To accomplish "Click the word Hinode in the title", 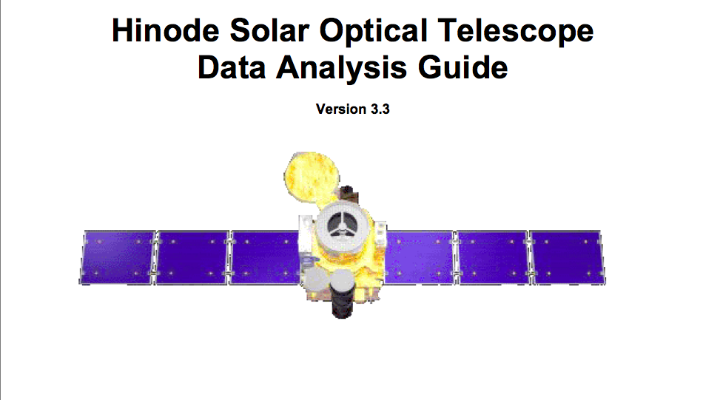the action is click(x=166, y=30).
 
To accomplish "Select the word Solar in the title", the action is click(x=269, y=30).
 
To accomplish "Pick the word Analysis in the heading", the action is click(x=341, y=69).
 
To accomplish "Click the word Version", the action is click(x=340, y=109).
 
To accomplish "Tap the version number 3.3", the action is click(x=380, y=109).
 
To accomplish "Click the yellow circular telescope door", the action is click(x=312, y=176).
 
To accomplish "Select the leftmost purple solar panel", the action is click(x=118, y=257).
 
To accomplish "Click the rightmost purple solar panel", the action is click(x=568, y=257).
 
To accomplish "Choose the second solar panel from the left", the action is click(x=192, y=257).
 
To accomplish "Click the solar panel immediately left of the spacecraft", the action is click(x=264, y=257).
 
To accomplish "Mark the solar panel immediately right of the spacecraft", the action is click(x=419, y=257).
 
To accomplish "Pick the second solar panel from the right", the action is click(x=493, y=257).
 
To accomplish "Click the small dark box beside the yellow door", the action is click(x=349, y=194).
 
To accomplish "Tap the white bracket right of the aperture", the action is click(x=380, y=233).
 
